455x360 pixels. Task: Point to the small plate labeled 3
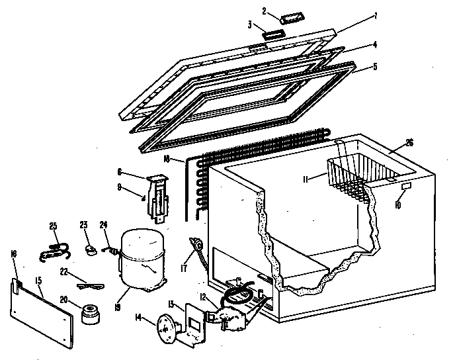[x=272, y=33]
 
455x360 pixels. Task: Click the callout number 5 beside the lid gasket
[x=374, y=66]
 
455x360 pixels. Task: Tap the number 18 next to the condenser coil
[x=169, y=159]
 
